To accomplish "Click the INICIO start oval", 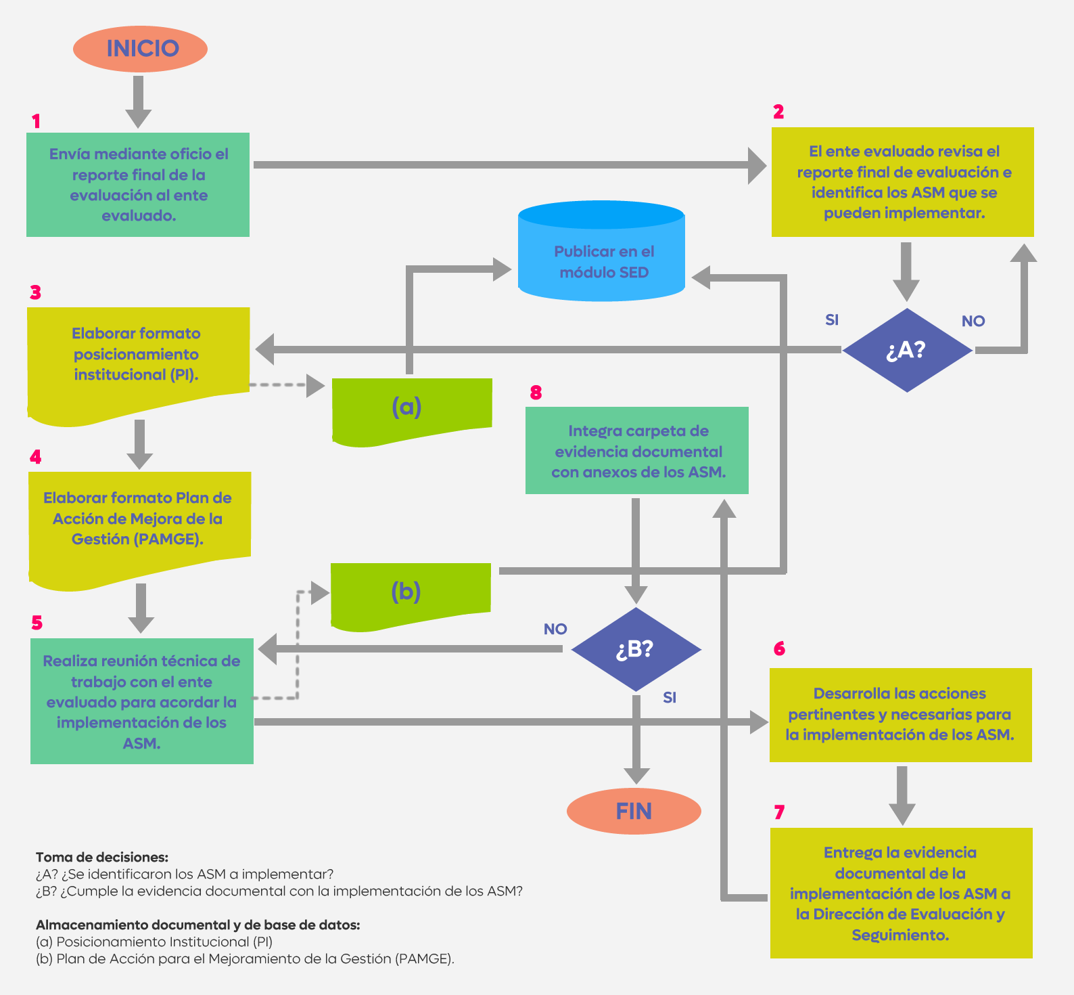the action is (140, 49).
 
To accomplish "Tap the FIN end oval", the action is (634, 811).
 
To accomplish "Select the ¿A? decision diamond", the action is (907, 350).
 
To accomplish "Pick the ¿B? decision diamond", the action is (636, 649).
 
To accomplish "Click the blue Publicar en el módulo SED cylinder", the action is (601, 251).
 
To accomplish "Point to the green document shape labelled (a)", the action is (412, 411).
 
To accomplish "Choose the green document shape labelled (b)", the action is (411, 596).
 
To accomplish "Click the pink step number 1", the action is (36, 121).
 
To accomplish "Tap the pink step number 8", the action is (536, 393).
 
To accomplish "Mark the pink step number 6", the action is (779, 648).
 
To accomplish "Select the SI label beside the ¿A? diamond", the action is (832, 319).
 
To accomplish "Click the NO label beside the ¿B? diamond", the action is (555, 629).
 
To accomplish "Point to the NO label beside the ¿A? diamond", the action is (973, 321).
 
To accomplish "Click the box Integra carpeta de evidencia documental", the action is (637, 450).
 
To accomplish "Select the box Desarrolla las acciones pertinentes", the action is (901, 715).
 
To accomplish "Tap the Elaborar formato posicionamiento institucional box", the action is (138, 362).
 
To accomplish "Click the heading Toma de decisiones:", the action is (102, 857).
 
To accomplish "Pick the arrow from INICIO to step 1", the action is (138, 102).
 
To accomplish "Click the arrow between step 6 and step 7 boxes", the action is (902, 795).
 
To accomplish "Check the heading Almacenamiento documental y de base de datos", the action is (198, 925).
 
